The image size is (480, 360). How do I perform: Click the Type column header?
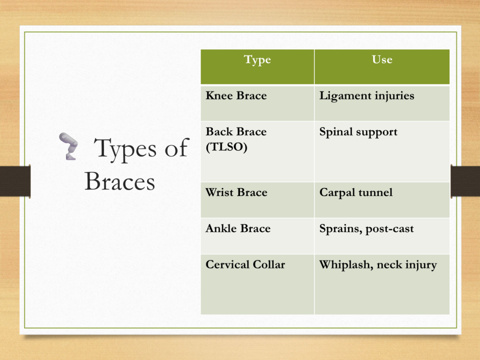pyautogui.click(x=257, y=60)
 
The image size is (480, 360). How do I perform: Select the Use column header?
pyautogui.click(x=382, y=60)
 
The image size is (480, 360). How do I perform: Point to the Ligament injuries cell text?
pyautogui.click(x=367, y=96)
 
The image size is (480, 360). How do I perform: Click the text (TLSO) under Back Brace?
pyautogui.click(x=226, y=147)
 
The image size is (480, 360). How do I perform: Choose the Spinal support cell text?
pyautogui.click(x=358, y=132)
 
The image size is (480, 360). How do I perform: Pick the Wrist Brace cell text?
pyautogui.click(x=236, y=192)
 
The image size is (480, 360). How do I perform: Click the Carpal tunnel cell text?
pyautogui.click(x=356, y=193)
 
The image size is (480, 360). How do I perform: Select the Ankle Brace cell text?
pyautogui.click(x=238, y=228)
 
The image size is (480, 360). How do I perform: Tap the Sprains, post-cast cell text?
pyautogui.click(x=367, y=229)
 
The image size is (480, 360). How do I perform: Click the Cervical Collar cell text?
pyautogui.click(x=245, y=264)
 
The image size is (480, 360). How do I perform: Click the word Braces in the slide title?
pyautogui.click(x=120, y=181)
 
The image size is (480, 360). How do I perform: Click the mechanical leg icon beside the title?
pyautogui.click(x=68, y=146)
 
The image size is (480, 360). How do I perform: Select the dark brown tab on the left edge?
pyautogui.click(x=15, y=181)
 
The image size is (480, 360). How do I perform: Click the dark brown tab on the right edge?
pyautogui.click(x=465, y=181)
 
